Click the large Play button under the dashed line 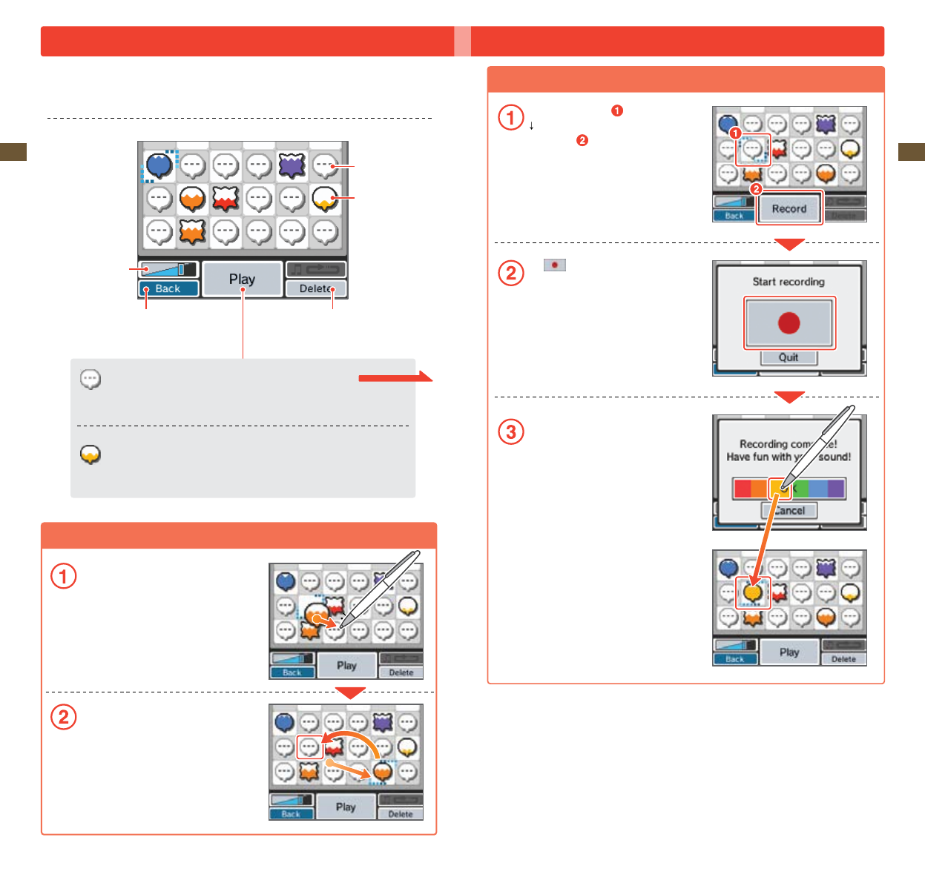click(x=242, y=280)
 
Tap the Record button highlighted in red click(x=789, y=209)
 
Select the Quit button click(x=789, y=357)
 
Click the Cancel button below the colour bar click(x=789, y=510)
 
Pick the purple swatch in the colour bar click(x=836, y=489)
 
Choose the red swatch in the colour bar click(x=742, y=489)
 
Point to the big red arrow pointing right click(x=395, y=377)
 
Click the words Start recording click(x=789, y=282)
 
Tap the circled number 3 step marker click(x=511, y=431)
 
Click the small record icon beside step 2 click(x=554, y=265)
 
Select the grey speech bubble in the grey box click(x=90, y=380)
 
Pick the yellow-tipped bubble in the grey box click(x=90, y=454)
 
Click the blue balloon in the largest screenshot click(x=159, y=165)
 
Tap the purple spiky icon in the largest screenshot click(x=292, y=165)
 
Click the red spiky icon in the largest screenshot click(x=226, y=198)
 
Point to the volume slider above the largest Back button click(x=168, y=269)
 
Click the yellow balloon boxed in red click(x=753, y=592)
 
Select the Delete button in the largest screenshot click(x=316, y=289)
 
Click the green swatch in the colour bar click(x=800, y=489)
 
